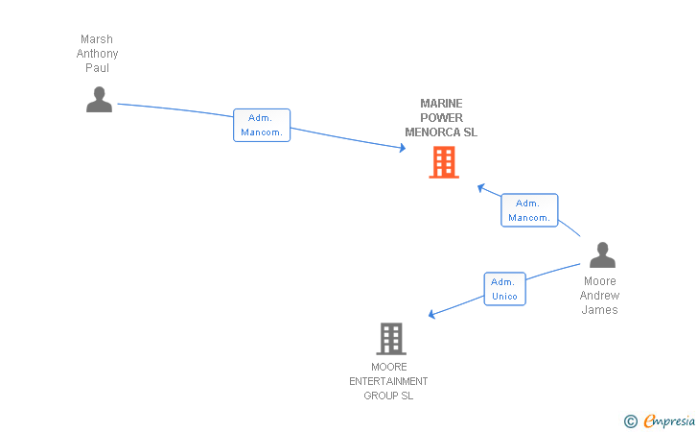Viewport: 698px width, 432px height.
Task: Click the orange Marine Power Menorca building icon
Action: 443,162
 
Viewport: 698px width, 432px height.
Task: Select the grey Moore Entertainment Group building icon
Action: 390,339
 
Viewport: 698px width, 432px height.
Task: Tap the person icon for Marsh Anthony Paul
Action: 99,99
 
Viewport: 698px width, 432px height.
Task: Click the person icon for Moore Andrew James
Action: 602,254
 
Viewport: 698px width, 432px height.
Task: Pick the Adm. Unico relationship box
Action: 504,289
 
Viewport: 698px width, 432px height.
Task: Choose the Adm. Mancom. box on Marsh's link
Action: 262,125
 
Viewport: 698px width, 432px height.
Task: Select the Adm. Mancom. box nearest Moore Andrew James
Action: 529,210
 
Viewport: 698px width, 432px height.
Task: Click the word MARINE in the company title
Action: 441,104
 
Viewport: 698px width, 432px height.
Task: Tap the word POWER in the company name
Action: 441,118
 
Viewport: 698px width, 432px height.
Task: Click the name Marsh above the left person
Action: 97,39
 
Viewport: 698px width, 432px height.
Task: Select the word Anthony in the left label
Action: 97,54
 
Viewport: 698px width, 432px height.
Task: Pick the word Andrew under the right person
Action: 600,296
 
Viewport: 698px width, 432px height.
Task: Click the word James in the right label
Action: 600,310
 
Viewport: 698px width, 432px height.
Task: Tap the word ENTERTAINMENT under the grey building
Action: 388,381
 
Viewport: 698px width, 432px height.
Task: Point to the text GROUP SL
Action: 388,396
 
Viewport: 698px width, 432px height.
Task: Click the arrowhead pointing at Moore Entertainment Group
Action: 432,314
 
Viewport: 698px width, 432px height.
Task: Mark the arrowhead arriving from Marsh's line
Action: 402,148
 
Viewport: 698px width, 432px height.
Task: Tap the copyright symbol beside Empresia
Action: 630,420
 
